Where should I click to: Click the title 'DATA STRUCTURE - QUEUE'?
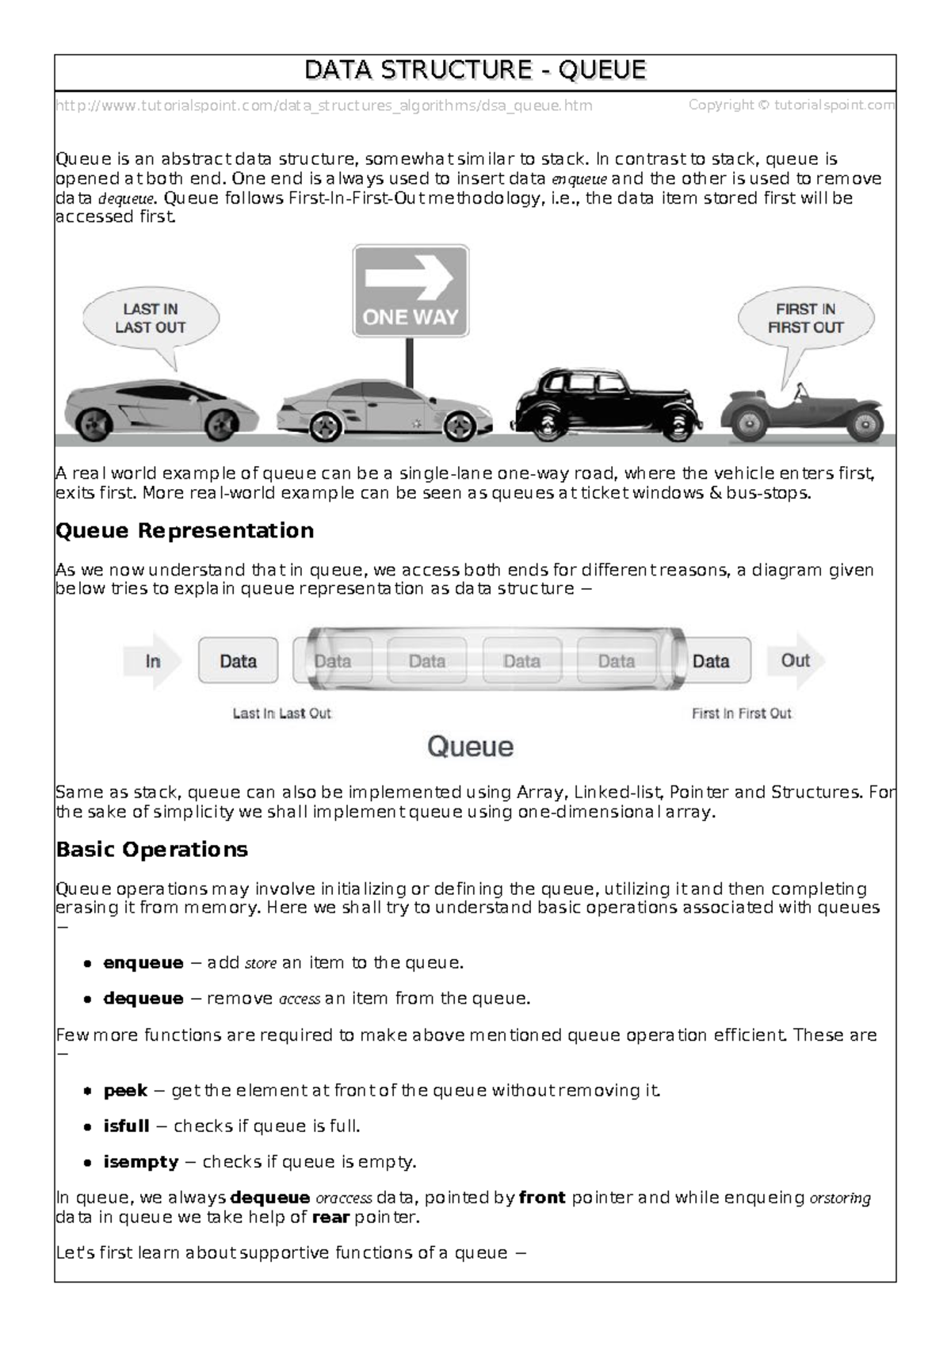pyautogui.click(x=475, y=71)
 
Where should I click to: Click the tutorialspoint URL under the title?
pyautogui.click(x=323, y=105)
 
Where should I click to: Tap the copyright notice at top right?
pyautogui.click(x=791, y=105)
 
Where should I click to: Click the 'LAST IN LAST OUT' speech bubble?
pyautogui.click(x=150, y=319)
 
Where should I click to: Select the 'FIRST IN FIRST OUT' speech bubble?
pyautogui.click(x=805, y=319)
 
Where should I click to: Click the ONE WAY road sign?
pyautogui.click(x=411, y=291)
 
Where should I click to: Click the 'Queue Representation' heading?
pyautogui.click(x=185, y=530)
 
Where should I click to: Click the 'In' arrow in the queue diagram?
pyautogui.click(x=153, y=660)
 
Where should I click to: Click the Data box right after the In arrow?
pyautogui.click(x=238, y=660)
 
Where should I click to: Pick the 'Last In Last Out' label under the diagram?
pyautogui.click(x=281, y=713)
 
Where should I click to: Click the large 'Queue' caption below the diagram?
pyautogui.click(x=471, y=747)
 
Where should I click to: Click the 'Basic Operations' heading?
pyautogui.click(x=151, y=850)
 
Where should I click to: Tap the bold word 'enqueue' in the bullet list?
pyautogui.click(x=143, y=963)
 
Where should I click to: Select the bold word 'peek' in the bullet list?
pyautogui.click(x=125, y=1091)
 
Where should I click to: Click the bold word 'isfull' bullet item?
pyautogui.click(x=126, y=1126)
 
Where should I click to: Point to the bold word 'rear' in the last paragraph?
pyautogui.click(x=331, y=1218)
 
